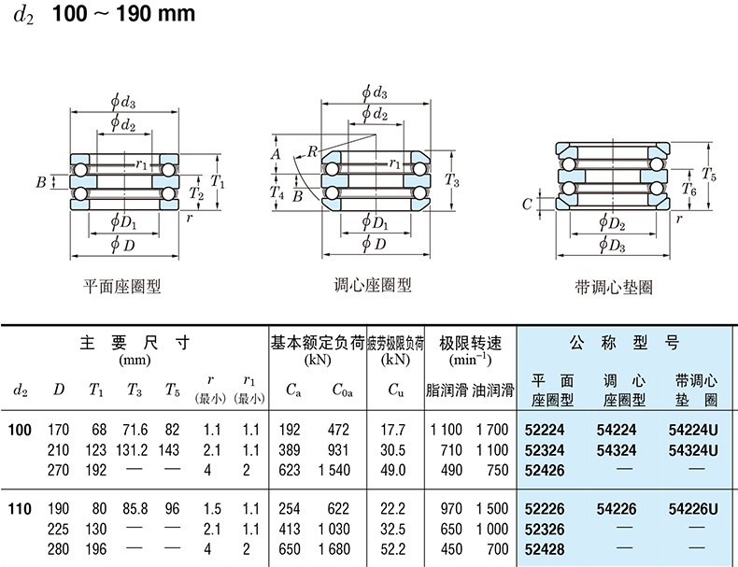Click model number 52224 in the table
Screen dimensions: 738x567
546,431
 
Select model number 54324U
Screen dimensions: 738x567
693,450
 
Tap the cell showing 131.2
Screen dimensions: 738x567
133,450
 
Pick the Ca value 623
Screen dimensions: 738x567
292,470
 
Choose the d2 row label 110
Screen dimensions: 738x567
20,509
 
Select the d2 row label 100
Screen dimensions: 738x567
20,431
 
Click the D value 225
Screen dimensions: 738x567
58,529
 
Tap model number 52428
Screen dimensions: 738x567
546,548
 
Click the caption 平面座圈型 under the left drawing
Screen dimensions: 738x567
122,287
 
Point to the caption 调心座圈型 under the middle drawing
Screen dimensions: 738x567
373,285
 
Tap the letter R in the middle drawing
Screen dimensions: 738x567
311,150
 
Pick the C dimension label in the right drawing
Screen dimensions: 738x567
528,203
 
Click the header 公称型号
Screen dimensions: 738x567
625,343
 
